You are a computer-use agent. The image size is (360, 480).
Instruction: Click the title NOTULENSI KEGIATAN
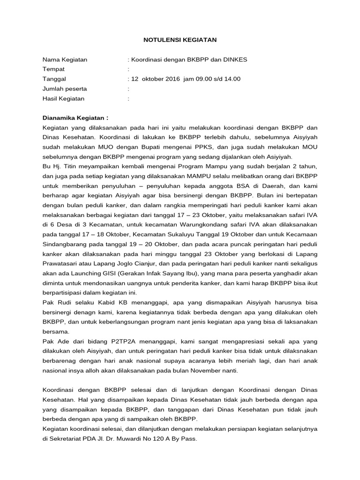(x=180, y=40)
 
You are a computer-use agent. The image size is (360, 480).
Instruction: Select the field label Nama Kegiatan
(x=65, y=60)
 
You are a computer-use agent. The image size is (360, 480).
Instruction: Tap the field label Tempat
(x=53, y=69)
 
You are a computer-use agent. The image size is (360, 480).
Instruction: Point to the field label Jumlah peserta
(x=65, y=89)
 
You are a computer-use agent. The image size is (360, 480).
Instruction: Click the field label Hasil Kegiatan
(x=63, y=98)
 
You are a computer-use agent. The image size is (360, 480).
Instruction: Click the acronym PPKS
(x=197, y=147)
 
